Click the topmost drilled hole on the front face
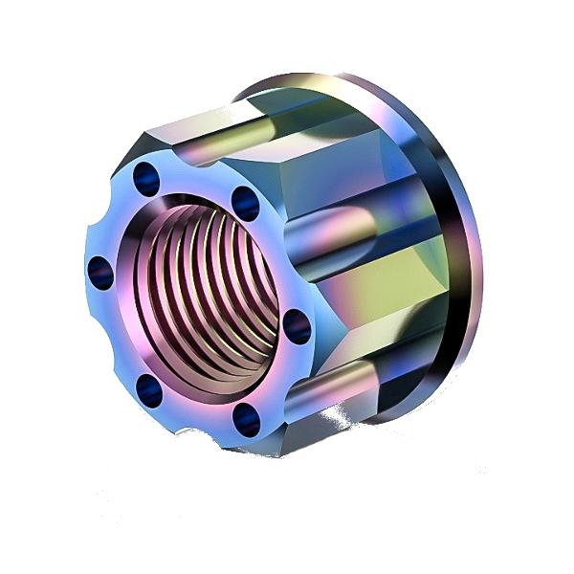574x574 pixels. click(x=146, y=175)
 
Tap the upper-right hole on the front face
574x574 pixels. click(x=243, y=199)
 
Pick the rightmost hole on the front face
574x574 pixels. click(x=298, y=326)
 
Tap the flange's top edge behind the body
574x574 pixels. click(x=316, y=81)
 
